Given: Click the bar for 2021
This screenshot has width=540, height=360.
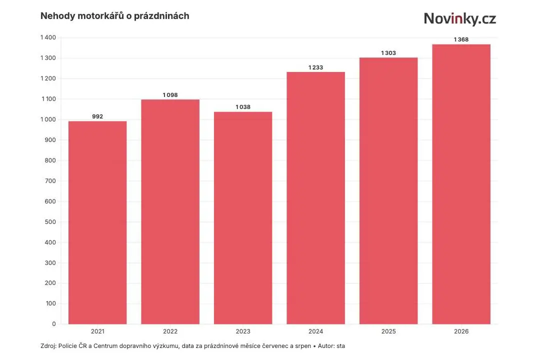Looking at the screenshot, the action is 97,222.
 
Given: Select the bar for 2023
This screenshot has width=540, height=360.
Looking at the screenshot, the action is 243,218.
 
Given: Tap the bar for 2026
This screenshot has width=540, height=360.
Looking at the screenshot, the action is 461,184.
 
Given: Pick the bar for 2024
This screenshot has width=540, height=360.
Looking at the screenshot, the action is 316,198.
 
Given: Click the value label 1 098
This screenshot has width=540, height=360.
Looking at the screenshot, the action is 170,95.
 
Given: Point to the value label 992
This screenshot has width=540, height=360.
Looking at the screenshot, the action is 97,116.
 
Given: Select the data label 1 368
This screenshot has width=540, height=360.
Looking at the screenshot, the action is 461,39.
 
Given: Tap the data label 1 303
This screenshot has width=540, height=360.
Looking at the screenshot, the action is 388,53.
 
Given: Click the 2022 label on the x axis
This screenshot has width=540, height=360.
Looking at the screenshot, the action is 170,331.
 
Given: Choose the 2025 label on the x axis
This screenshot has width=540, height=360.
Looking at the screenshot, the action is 388,331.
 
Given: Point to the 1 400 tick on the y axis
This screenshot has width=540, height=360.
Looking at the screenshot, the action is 48,37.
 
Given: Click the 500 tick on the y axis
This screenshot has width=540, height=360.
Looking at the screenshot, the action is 50,222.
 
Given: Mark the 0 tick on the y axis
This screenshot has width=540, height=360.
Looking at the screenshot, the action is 53,324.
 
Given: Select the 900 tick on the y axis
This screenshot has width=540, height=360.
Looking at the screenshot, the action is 50,140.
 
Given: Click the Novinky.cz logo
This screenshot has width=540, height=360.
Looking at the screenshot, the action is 460,18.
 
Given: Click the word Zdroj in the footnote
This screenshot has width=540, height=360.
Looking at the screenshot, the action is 47,346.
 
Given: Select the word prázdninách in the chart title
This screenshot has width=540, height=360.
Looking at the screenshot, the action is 161,16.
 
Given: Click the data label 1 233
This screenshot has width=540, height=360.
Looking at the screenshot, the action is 316,67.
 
